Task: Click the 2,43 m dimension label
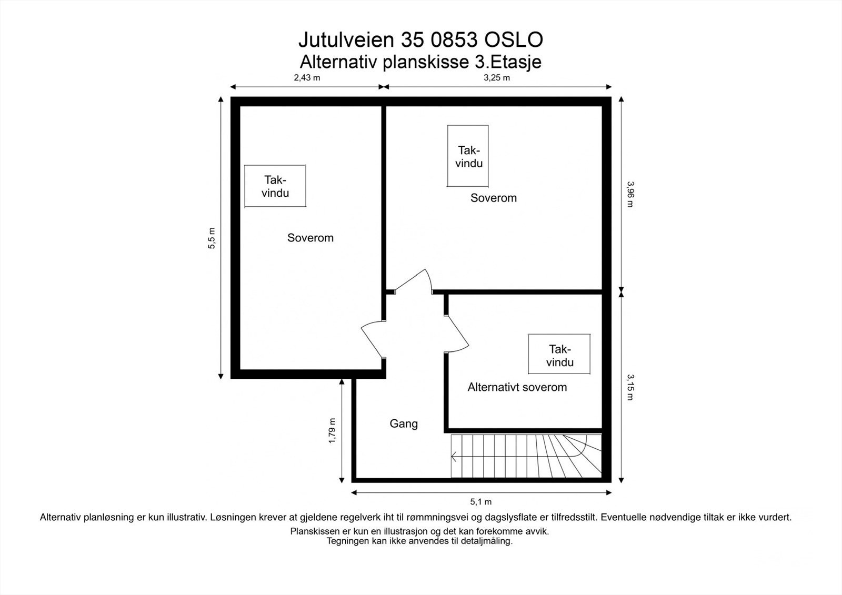[307, 78]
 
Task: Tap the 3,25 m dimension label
[497, 78]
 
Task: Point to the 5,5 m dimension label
[212, 238]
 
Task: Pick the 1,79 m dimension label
[332, 430]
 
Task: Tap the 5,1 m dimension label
[481, 502]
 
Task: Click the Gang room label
[404, 423]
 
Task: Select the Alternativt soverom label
[517, 388]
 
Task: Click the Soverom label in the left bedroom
[310, 238]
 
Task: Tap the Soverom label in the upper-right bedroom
[494, 198]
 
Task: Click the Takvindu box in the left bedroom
[275, 186]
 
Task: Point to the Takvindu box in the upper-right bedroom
[468, 156]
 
